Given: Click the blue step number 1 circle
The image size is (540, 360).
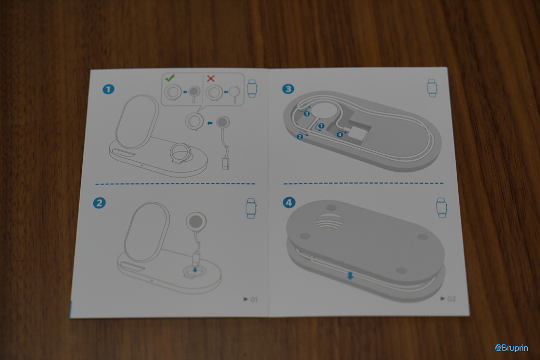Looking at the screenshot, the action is [x=109, y=90].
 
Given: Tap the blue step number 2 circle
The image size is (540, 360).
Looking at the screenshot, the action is [x=99, y=203].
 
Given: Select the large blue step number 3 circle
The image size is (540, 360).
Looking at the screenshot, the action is [x=288, y=89].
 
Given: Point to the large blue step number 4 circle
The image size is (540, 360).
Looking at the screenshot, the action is [x=289, y=202].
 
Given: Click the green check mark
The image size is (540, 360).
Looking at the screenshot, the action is [x=170, y=78].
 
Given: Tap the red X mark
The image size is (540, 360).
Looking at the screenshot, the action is [x=210, y=79].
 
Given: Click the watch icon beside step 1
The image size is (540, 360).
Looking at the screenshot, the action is [x=252, y=89].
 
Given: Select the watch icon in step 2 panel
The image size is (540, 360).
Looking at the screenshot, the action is [x=250, y=208].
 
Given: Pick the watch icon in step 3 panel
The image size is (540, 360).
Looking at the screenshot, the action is [x=432, y=88].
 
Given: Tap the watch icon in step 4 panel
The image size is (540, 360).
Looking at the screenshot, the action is [x=441, y=208].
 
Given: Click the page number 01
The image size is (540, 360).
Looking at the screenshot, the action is [x=254, y=299].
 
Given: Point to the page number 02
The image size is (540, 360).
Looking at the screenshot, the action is [x=451, y=299].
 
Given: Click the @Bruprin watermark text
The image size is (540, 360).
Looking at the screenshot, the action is [x=512, y=347].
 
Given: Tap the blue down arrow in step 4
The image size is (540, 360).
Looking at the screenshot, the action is [x=350, y=275].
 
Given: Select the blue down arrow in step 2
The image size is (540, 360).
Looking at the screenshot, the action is [x=195, y=269].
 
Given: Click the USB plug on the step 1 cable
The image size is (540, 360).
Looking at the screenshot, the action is [x=226, y=163].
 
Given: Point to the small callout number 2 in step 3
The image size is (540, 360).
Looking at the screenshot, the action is [x=300, y=137].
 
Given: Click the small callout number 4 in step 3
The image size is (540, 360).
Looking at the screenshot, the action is [x=340, y=134].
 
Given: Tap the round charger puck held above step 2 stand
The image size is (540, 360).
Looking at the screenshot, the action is [x=196, y=221].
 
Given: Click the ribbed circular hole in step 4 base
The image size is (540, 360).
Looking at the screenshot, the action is [x=330, y=221].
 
